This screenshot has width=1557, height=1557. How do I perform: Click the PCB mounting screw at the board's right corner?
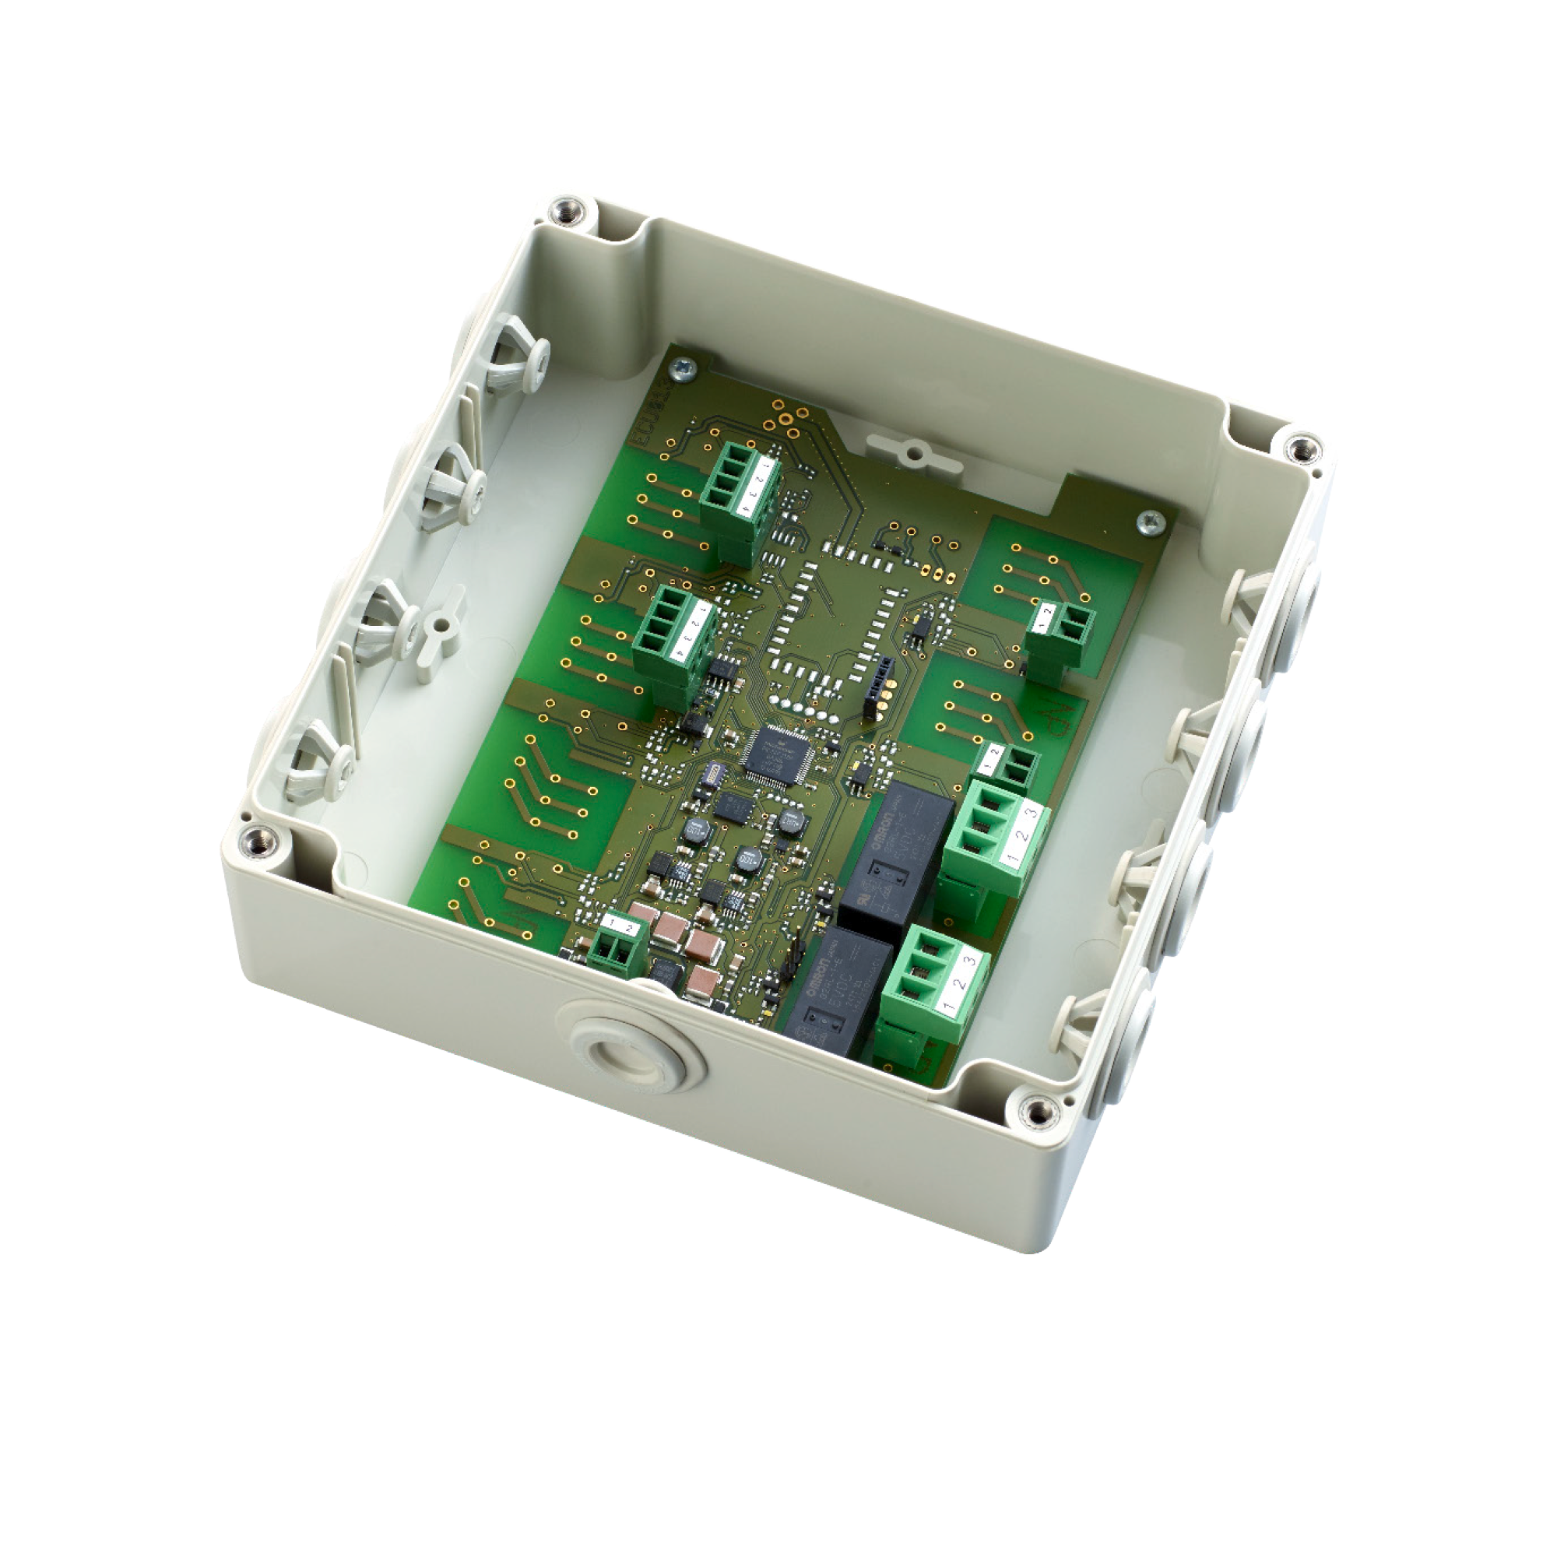(x=1151, y=522)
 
